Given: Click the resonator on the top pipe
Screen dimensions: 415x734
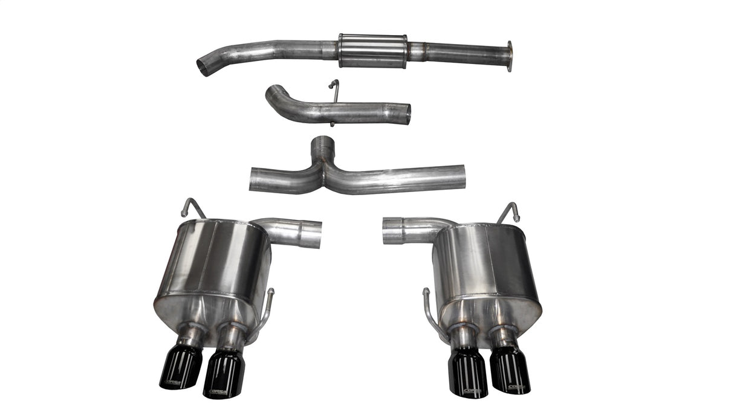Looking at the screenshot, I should pyautogui.click(x=372, y=50).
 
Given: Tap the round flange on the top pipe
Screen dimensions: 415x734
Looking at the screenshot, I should pyautogui.click(x=509, y=56).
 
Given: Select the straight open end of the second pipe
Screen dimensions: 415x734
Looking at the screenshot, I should pyautogui.click(x=407, y=113).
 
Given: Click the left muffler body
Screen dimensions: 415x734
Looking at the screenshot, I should pyautogui.click(x=212, y=266).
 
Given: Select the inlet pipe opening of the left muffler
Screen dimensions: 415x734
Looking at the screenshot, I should pyautogui.click(x=317, y=234).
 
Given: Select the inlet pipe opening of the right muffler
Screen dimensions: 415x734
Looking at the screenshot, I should pyautogui.click(x=386, y=231).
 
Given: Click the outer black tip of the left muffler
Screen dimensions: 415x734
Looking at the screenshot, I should pyautogui.click(x=180, y=367).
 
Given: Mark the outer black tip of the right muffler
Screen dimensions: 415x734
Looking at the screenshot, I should pyautogui.click(x=510, y=370).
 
